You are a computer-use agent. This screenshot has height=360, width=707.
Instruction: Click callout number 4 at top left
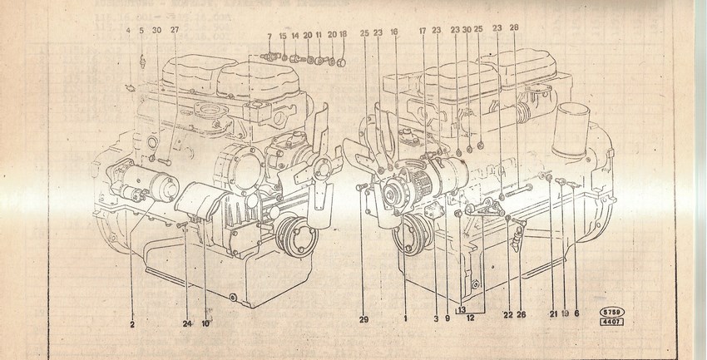click(128, 32)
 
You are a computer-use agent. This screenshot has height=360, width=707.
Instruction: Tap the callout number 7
click(269, 36)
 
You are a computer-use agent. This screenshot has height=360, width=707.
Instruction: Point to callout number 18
click(343, 36)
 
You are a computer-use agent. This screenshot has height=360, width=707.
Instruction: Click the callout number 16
click(394, 32)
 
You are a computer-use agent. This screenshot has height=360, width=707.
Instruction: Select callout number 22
click(508, 313)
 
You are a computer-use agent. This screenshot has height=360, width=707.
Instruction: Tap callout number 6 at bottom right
click(575, 313)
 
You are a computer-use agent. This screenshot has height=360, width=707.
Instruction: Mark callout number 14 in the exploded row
click(294, 36)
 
